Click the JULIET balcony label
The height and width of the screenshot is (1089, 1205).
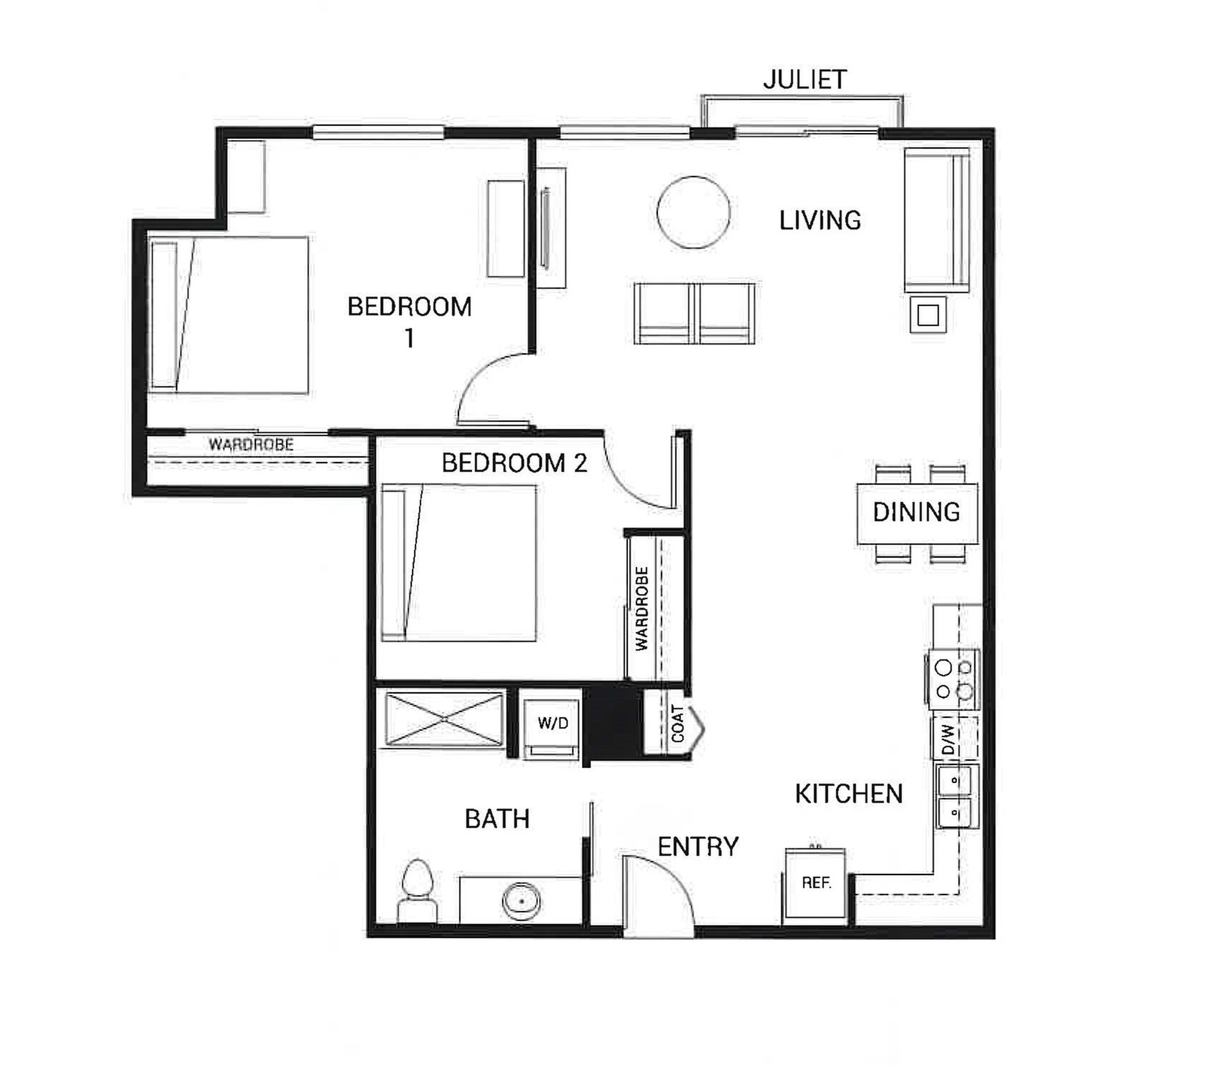805,79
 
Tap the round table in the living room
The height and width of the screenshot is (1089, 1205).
693,212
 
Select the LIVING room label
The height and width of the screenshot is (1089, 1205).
820,220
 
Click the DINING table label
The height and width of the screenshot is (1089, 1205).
916,512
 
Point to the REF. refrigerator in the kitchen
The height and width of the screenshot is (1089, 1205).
816,883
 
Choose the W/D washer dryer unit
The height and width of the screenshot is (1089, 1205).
552,724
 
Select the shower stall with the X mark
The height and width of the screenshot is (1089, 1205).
444,719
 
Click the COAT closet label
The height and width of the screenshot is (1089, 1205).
677,724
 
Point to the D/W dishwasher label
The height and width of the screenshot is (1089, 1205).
948,739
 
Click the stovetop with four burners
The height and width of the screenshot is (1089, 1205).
954,679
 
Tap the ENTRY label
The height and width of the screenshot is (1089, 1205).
697,847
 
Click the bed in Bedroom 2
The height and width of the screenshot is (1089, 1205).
458,563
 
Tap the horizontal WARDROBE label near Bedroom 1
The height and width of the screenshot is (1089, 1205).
251,445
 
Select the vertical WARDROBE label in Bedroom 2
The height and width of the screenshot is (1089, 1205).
641,608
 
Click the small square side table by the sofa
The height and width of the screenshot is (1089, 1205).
928,315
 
